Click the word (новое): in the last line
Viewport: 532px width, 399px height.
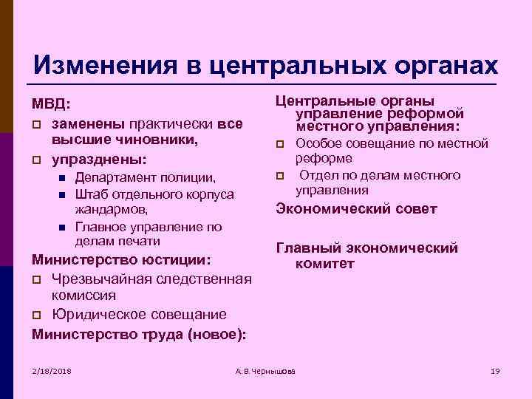click(217, 333)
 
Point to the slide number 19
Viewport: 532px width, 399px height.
click(495, 369)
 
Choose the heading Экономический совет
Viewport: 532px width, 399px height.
click(356, 209)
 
